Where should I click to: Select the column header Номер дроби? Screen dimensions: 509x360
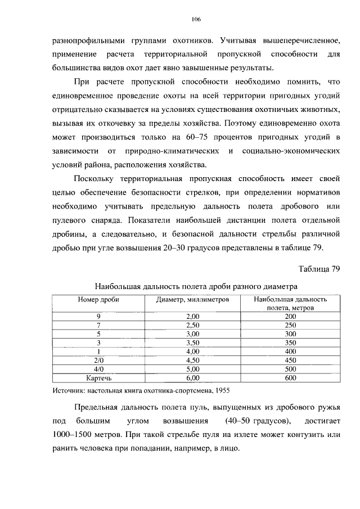click(98, 300)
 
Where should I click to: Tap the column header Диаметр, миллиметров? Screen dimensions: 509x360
click(192, 300)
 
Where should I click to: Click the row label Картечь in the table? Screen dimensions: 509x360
click(98, 379)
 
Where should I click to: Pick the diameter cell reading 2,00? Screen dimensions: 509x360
click(192, 316)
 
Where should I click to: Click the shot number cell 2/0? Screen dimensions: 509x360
click(98, 361)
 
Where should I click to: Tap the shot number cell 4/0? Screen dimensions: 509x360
click(98, 370)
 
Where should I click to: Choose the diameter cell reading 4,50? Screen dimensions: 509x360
click(192, 361)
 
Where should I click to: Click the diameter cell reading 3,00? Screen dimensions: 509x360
click(192, 334)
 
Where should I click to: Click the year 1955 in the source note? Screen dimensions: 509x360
click(222, 389)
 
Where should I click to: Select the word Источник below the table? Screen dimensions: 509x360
click(68, 389)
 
